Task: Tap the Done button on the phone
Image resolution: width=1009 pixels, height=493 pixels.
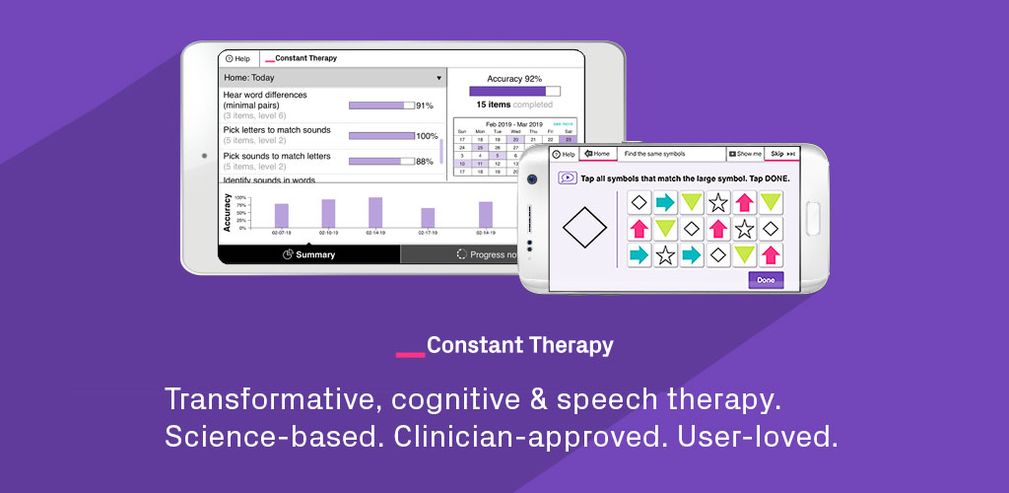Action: (x=766, y=280)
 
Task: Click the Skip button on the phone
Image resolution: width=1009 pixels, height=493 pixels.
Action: (x=783, y=154)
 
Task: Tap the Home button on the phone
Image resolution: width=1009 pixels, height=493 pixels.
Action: (x=598, y=154)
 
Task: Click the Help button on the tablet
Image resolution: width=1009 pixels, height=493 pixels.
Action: (x=238, y=58)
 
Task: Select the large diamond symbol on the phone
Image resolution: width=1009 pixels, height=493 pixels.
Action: (x=585, y=227)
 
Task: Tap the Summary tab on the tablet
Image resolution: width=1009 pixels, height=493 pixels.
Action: (x=308, y=254)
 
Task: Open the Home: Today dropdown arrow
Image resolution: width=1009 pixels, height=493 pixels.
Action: (x=438, y=78)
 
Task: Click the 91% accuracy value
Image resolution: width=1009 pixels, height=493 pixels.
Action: (x=425, y=106)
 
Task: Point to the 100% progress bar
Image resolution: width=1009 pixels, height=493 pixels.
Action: (x=381, y=136)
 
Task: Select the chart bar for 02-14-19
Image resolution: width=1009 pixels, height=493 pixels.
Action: (x=375, y=213)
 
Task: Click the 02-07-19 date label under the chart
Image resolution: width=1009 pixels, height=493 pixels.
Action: (x=282, y=234)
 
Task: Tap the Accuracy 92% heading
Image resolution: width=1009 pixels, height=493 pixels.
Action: (x=514, y=78)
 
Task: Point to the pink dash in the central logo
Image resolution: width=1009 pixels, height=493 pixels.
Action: (x=410, y=352)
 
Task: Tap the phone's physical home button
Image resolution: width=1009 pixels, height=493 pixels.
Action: (x=813, y=218)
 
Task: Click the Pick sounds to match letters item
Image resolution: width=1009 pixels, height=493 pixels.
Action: (x=277, y=156)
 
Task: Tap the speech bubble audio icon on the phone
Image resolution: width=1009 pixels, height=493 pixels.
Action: (x=568, y=178)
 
